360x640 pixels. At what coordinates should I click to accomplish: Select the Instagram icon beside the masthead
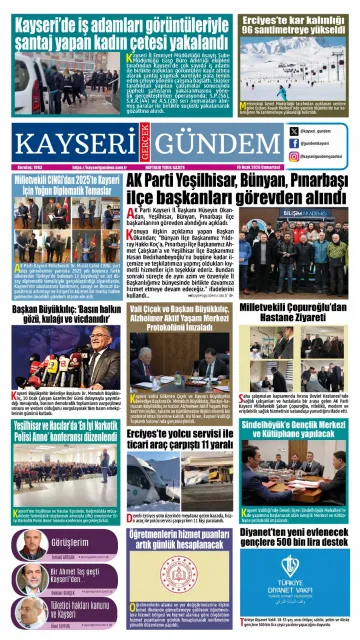coord(294,143)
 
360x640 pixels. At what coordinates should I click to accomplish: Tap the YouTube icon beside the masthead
coord(294,157)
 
